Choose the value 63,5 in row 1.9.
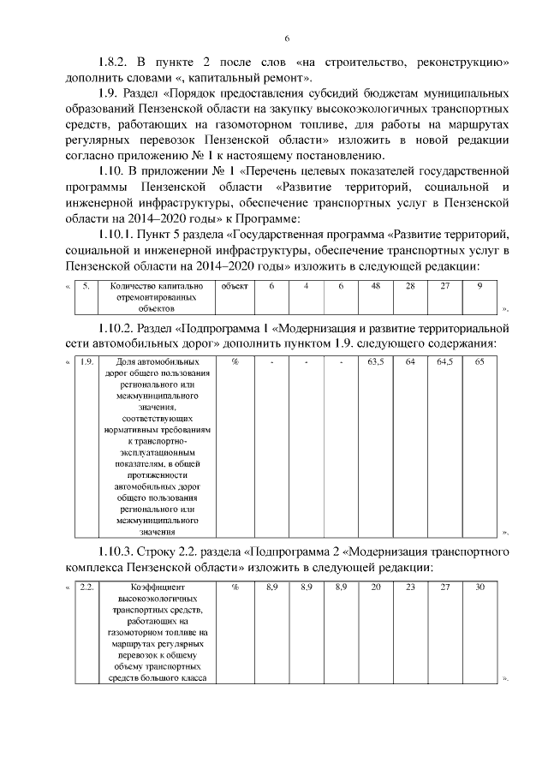tap(375, 362)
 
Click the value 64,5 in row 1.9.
tap(444, 362)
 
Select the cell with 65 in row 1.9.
tap(479, 362)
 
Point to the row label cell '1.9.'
tap(86, 362)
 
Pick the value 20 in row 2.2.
tap(375, 587)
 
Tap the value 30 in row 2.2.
tap(479, 587)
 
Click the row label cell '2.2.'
tap(86, 587)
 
